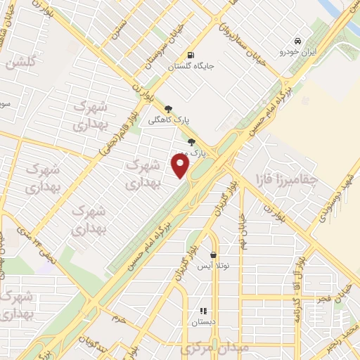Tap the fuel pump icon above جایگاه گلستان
click(191, 56)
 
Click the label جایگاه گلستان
click(191, 67)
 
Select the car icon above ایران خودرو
click(298, 41)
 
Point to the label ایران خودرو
click(299, 52)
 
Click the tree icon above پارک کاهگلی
click(168, 108)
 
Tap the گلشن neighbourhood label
click(20, 63)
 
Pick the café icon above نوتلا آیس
click(214, 255)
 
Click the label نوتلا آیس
click(213, 266)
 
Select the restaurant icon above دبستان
click(203, 311)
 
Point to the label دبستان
click(203, 322)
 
